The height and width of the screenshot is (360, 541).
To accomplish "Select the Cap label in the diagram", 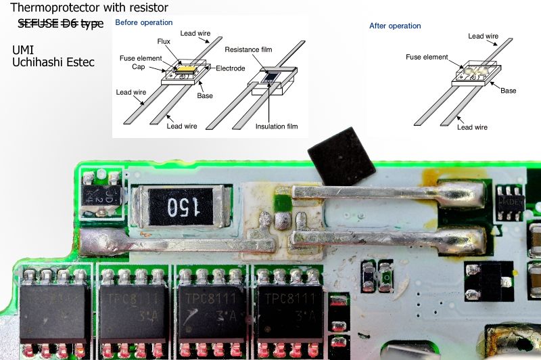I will click(138, 68).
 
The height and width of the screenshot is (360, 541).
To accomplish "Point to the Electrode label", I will click(231, 68).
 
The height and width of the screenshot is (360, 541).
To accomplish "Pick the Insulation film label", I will click(277, 126).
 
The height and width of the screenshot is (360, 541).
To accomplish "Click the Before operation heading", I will click(143, 22).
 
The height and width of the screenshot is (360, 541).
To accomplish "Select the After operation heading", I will click(395, 26).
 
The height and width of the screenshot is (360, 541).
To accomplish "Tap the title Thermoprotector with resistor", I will click(89, 8).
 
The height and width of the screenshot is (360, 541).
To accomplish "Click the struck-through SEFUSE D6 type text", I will click(61, 24).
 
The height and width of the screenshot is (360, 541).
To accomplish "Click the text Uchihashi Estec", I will click(53, 62).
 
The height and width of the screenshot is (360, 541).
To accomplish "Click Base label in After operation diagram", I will click(508, 91).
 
